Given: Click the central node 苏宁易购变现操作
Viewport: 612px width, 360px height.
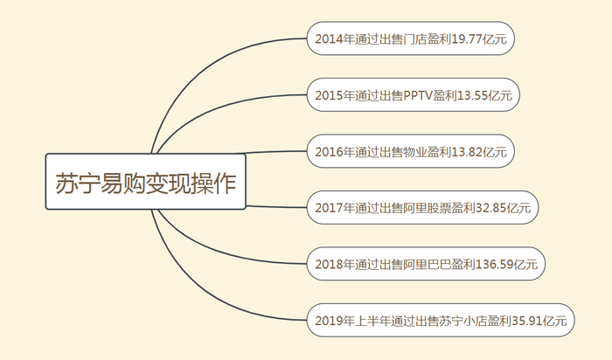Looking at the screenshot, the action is (x=145, y=182).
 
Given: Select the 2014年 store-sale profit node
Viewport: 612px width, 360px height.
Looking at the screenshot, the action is (x=412, y=38).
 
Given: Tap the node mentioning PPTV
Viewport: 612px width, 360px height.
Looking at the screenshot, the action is (x=414, y=94).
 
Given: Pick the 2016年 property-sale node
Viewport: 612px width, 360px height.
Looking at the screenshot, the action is (x=411, y=151).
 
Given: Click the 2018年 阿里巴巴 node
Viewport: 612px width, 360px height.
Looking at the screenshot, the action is (x=427, y=264).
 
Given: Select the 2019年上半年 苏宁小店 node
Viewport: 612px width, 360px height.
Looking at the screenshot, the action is (x=441, y=321).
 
